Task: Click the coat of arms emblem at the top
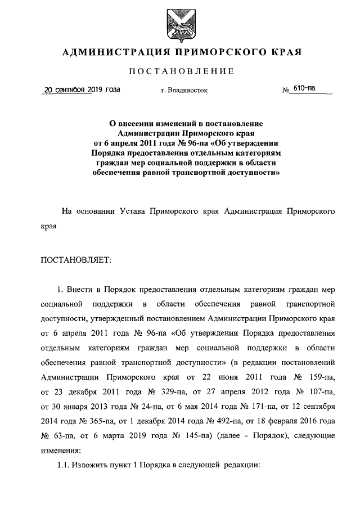point(179,24)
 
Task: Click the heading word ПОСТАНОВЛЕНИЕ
point(181,71)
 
